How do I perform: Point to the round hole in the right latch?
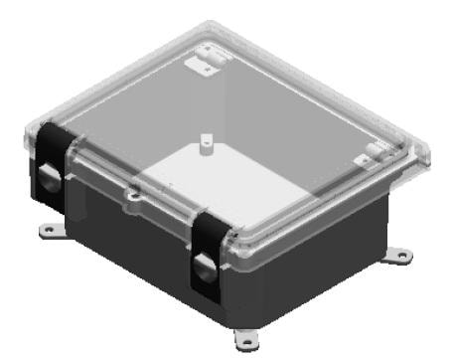[x=203, y=267]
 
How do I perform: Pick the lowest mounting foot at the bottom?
[x=244, y=333]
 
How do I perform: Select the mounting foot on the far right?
[x=396, y=255]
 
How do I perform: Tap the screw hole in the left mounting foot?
[x=46, y=231]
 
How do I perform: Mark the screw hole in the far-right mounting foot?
[x=399, y=256]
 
